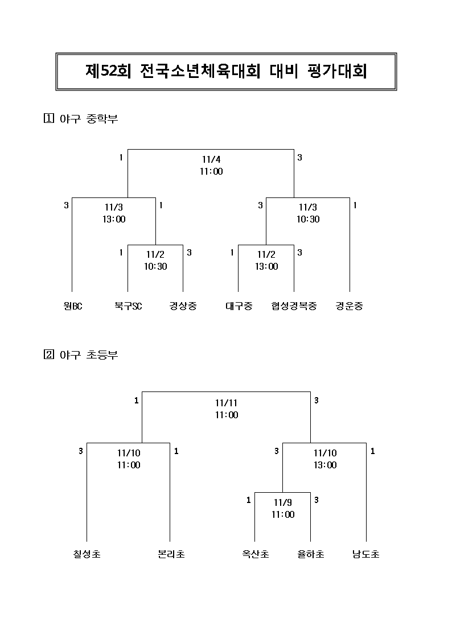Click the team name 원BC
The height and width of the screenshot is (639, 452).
pos(73,306)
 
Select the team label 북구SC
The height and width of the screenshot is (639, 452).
pos(128,306)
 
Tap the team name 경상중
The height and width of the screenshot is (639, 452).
pos(183,306)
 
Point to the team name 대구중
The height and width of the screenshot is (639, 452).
pos(239,306)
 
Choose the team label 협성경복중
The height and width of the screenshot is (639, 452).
pos(294,306)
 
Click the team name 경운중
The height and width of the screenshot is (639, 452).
pos(349,306)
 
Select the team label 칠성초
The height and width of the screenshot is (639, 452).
pos(87,554)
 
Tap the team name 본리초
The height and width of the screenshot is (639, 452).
pos(171,554)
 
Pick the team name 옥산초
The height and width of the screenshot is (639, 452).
pos(255,554)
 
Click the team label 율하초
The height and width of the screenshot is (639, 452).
pos(311,554)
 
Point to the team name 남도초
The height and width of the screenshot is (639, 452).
pos(366,554)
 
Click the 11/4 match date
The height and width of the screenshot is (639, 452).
pos(211,159)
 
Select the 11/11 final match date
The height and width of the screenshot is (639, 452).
pos(227,403)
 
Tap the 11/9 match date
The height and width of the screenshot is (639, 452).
pos(283,502)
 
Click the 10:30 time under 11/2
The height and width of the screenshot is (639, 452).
pos(155,266)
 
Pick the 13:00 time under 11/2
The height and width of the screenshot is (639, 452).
pos(266,266)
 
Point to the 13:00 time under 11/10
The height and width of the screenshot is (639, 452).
pos(325,465)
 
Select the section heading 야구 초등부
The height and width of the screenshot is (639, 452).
pos(88,355)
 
